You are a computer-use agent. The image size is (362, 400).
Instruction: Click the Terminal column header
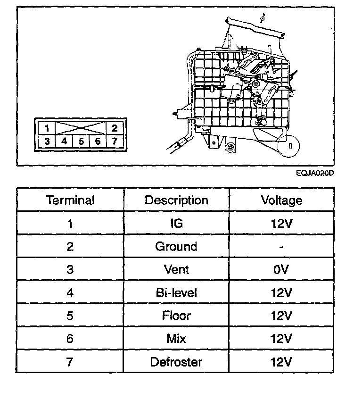pyautogui.click(x=70, y=200)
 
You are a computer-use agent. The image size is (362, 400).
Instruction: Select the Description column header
pyautogui.click(x=176, y=200)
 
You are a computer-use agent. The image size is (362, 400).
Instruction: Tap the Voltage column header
pyautogui.click(x=281, y=200)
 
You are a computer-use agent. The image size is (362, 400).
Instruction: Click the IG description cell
pyautogui.click(x=176, y=223)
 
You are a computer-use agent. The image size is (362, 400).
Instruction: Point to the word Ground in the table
pyautogui.click(x=176, y=246)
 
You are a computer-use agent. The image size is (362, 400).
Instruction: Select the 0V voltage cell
pyautogui.click(x=281, y=269)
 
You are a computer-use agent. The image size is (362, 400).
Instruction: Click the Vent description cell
pyautogui.click(x=176, y=269)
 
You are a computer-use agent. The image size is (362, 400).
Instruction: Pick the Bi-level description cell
pyautogui.click(x=176, y=292)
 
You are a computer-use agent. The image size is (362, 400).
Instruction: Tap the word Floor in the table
pyautogui.click(x=176, y=315)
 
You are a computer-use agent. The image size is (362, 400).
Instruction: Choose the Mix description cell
pyautogui.click(x=176, y=338)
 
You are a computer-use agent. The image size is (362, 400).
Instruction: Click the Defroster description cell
pyautogui.click(x=176, y=362)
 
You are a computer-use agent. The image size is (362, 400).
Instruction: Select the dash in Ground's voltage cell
pyautogui.click(x=281, y=247)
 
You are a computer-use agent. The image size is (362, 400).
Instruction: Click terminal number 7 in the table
pyautogui.click(x=70, y=362)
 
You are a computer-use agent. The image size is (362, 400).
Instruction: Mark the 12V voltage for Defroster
pyautogui.click(x=281, y=362)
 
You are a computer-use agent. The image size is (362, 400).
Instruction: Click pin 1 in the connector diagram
pyautogui.click(x=47, y=128)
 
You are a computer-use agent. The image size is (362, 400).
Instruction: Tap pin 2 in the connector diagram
pyautogui.click(x=115, y=128)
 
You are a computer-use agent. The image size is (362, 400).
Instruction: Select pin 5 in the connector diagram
pyautogui.click(x=81, y=141)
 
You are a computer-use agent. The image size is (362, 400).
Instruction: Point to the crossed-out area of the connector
pyautogui.click(x=81, y=128)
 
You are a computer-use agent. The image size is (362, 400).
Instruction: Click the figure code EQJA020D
pyautogui.click(x=315, y=173)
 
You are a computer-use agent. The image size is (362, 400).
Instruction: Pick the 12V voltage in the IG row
pyautogui.click(x=281, y=223)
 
